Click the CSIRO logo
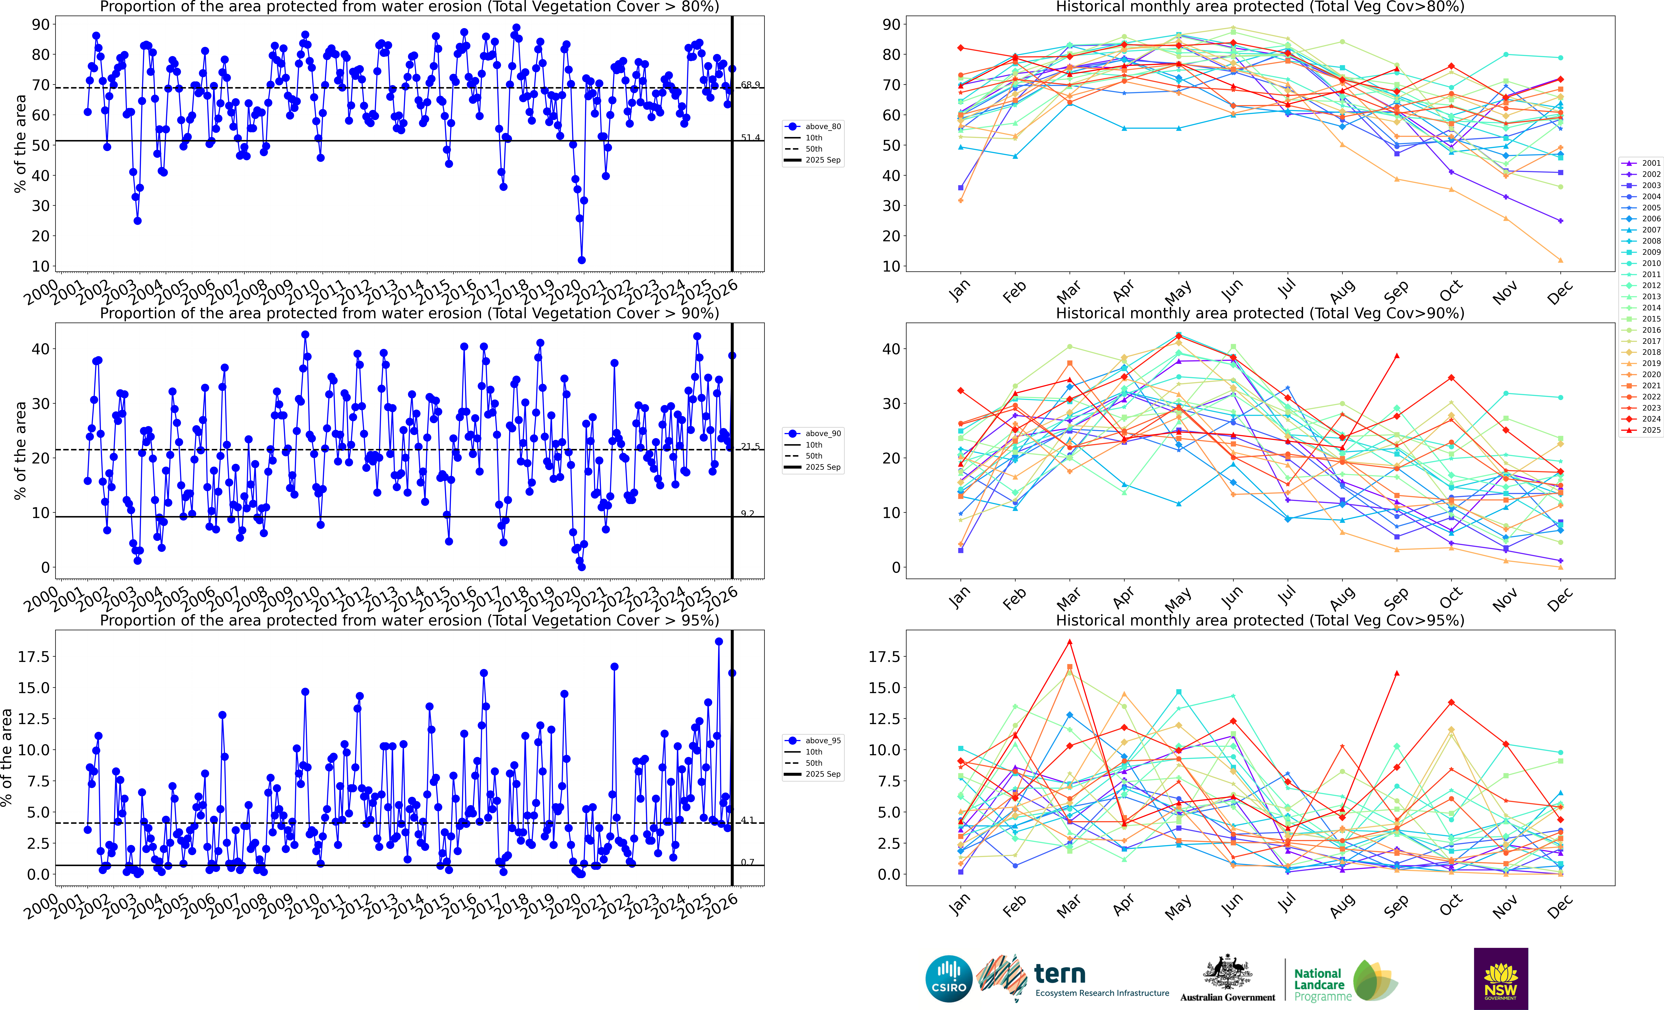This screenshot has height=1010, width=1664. click(949, 978)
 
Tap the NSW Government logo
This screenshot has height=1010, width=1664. click(1501, 978)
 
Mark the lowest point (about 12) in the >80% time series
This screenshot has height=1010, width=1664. click(582, 260)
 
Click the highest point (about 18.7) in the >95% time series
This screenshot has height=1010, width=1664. click(719, 642)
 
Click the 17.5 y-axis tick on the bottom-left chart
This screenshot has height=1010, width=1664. click(33, 657)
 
